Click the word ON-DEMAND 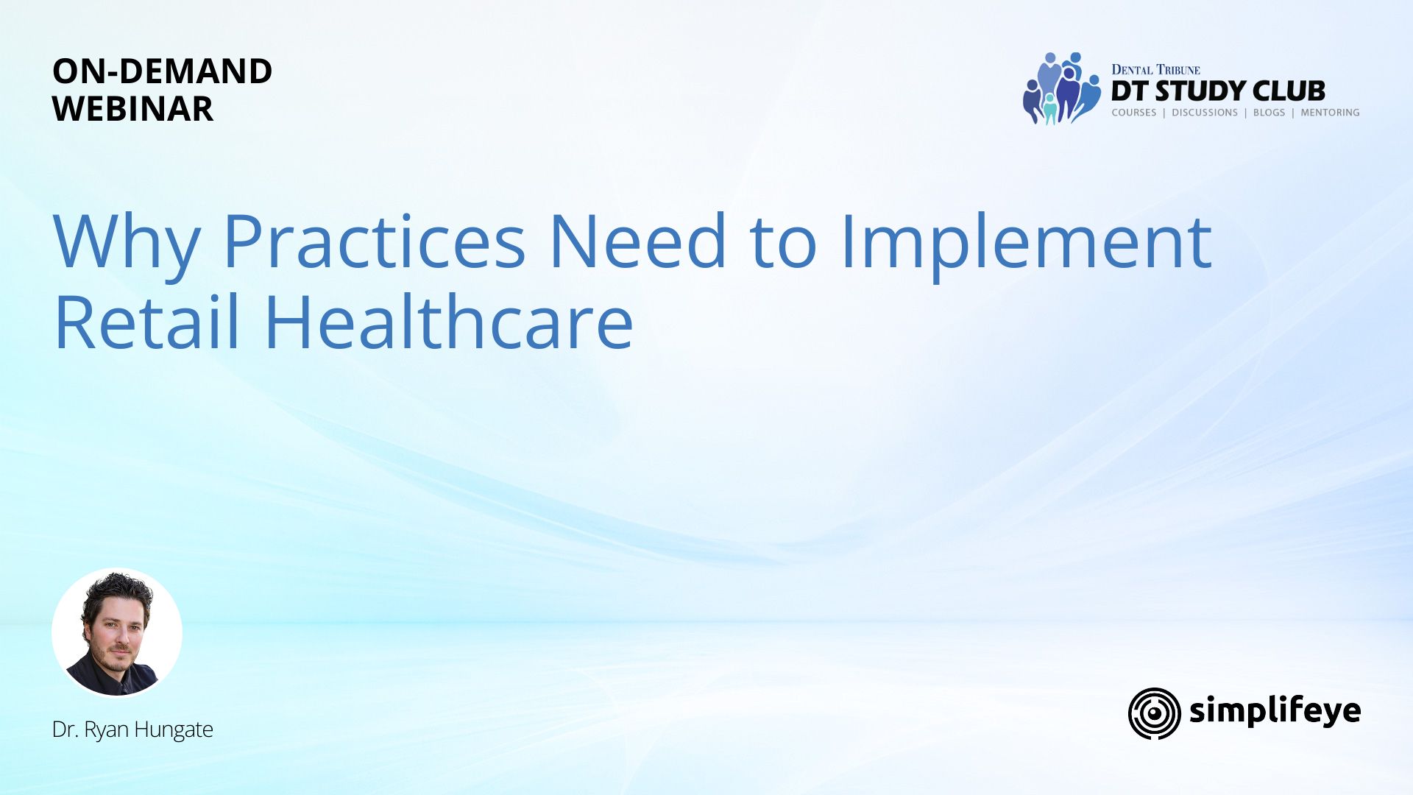click(x=162, y=71)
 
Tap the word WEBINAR click(x=132, y=109)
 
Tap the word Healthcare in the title click(x=449, y=322)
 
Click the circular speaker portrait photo click(x=117, y=632)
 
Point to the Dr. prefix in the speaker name click(x=65, y=729)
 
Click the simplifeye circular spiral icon click(x=1154, y=713)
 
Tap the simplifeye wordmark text click(x=1275, y=711)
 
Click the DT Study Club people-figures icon click(x=1061, y=88)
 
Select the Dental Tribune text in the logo click(x=1155, y=70)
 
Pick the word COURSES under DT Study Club click(x=1133, y=113)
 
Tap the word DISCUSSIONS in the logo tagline click(x=1205, y=113)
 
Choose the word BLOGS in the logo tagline click(x=1269, y=113)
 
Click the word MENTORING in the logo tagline click(x=1330, y=113)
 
